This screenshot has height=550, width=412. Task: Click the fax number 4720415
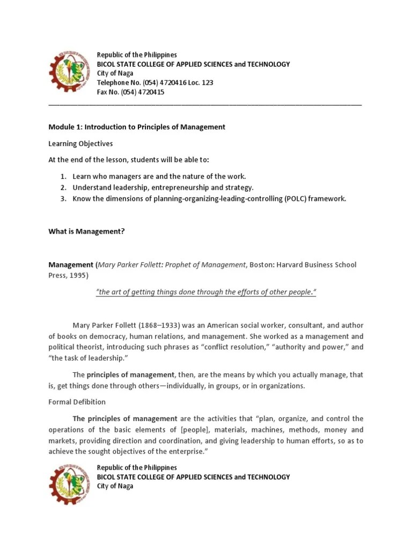point(152,92)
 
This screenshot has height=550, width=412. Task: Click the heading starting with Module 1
point(137,127)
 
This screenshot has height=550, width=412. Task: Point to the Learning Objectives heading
point(80,144)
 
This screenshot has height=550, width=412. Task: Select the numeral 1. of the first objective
point(63,176)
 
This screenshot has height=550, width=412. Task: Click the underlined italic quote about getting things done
point(206,292)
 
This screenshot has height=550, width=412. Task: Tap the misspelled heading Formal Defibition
point(77,402)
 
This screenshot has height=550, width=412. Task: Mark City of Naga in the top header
point(115,74)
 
